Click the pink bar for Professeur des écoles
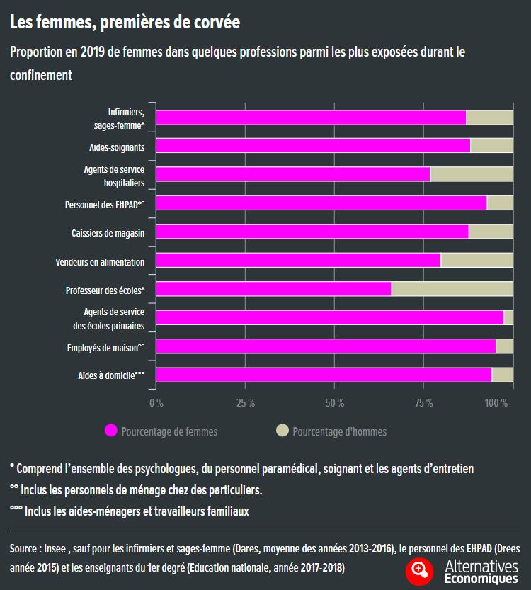click(x=273, y=289)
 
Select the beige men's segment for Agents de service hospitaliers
click(x=471, y=174)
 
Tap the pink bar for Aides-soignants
click(x=313, y=146)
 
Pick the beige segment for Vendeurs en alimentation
click(x=476, y=260)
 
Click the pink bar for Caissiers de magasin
click(x=312, y=232)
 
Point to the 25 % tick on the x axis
click(x=246, y=403)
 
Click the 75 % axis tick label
click(x=424, y=403)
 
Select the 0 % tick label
click(x=156, y=403)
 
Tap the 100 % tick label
click(x=496, y=403)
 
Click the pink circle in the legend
click(x=110, y=431)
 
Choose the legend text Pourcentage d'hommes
click(x=339, y=431)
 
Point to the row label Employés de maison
click(x=105, y=348)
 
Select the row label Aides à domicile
click(x=111, y=376)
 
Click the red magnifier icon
click(x=419, y=570)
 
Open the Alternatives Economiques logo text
click(x=481, y=572)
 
